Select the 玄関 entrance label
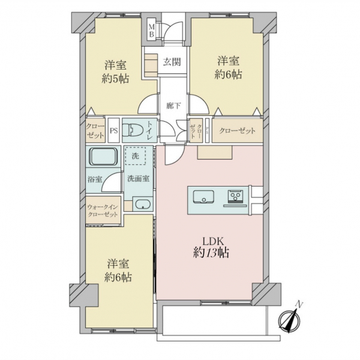pyautogui.click(x=172, y=61)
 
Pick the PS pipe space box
pyautogui.click(x=113, y=130)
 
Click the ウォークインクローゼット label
pyautogui.click(x=103, y=211)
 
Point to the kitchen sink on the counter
pyautogui.click(x=202, y=196)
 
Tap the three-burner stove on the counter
pyautogui.click(x=233, y=196)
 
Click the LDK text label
pyautogui.click(x=211, y=241)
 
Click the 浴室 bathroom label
pyautogui.click(x=95, y=179)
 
